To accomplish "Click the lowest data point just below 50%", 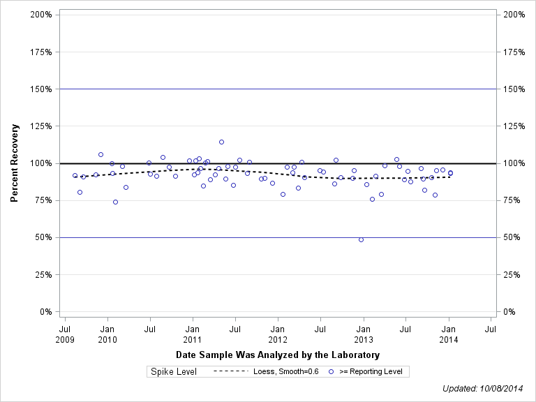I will (x=361, y=239).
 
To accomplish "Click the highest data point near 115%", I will (x=221, y=142).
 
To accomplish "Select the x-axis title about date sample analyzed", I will (x=277, y=355).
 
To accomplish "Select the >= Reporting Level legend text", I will (x=371, y=372).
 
